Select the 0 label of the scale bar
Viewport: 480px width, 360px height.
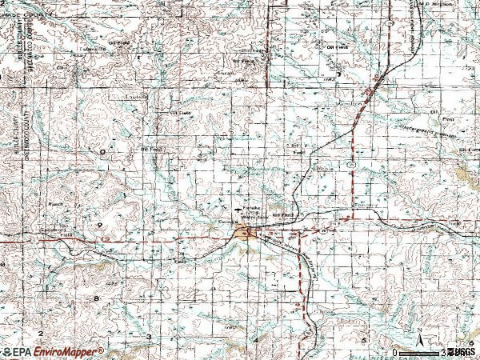(x=395, y=352)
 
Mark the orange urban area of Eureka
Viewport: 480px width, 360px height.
(x=243, y=233)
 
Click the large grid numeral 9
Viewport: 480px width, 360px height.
(x=99, y=226)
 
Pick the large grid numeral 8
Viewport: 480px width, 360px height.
(x=97, y=298)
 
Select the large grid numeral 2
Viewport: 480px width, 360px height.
(x=38, y=331)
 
